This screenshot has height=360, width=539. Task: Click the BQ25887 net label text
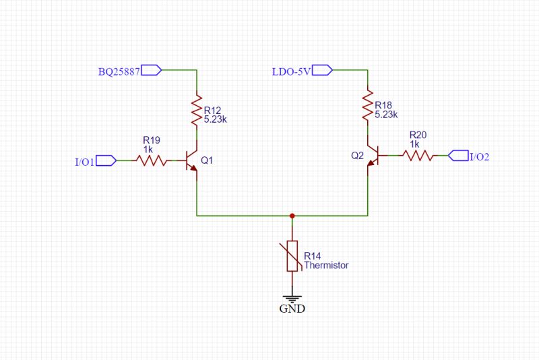119,70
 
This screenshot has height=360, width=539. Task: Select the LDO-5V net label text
291,70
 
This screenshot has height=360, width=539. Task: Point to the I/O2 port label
479,156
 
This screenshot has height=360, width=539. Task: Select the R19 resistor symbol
152,160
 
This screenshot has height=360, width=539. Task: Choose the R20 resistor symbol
418,156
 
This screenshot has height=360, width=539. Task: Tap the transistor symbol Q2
373,157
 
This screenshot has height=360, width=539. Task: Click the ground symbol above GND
292,298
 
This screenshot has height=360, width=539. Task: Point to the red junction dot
292,216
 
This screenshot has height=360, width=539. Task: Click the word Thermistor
326,266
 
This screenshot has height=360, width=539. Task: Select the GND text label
292,309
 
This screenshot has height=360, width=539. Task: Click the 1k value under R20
415,144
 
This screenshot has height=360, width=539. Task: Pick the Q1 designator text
207,160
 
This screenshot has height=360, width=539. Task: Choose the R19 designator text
151,140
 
